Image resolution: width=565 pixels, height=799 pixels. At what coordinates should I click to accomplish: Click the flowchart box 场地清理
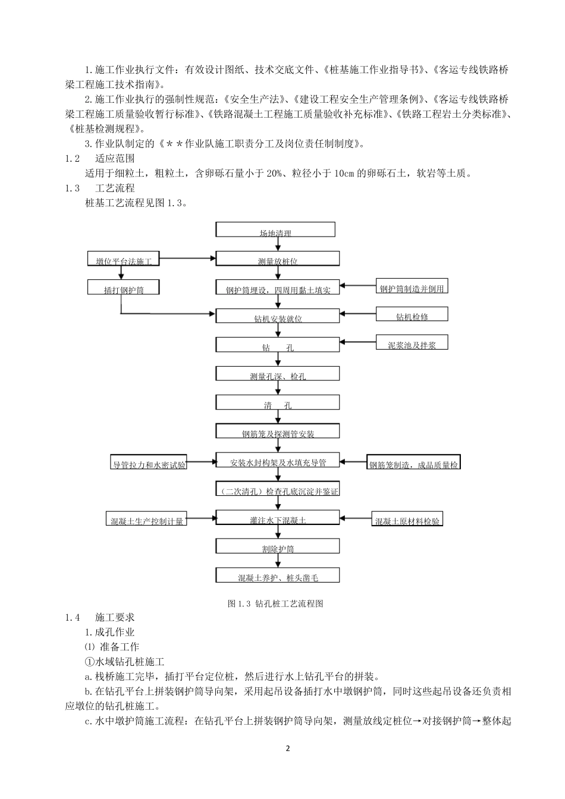tap(275, 229)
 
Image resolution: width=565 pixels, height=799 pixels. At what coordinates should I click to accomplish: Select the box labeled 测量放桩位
tap(278, 258)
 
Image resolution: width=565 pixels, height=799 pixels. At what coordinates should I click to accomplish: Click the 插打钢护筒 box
tap(124, 287)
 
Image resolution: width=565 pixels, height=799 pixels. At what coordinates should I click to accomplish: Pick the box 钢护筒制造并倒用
tap(412, 286)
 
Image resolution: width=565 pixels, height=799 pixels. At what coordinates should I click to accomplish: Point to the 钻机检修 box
tap(412, 314)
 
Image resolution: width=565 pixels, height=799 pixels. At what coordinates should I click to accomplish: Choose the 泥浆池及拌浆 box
tap(412, 342)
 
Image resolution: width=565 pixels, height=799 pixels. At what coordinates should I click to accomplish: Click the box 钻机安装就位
tap(278, 316)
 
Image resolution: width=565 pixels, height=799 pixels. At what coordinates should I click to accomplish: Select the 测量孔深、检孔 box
tap(278, 373)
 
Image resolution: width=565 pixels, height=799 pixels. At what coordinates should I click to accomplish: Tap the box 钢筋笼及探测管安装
tap(278, 432)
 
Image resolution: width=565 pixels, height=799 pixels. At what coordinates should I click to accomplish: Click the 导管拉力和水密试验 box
tap(149, 463)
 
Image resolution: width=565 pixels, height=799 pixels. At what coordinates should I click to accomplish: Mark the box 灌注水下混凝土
tap(278, 518)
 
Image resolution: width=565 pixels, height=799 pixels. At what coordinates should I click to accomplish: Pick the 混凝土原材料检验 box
tap(407, 519)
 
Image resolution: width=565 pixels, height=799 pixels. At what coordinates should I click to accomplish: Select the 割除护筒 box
tap(278, 546)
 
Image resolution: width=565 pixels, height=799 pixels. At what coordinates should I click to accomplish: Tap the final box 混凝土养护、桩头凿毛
tap(278, 575)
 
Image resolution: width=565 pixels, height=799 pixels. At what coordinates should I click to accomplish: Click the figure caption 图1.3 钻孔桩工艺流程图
tap(275, 603)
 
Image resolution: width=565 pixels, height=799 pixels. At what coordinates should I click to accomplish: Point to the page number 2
tap(287, 748)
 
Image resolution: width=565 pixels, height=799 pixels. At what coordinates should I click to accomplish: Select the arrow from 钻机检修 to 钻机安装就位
tap(357, 313)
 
